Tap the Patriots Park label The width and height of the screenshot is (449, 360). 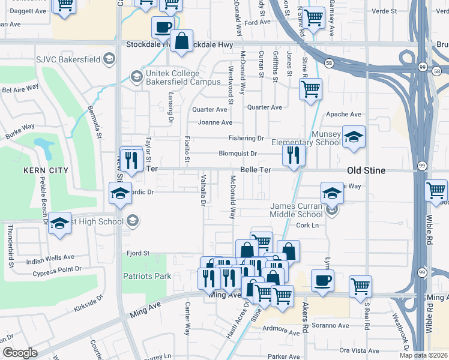pyautogui.click(x=147, y=276)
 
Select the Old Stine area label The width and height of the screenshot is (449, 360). pyautogui.click(x=366, y=171)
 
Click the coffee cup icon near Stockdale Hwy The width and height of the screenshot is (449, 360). pyautogui.click(x=163, y=27)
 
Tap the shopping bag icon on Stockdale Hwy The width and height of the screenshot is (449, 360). pyautogui.click(x=182, y=42)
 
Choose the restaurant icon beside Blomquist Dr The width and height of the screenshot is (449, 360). pyautogui.click(x=294, y=155)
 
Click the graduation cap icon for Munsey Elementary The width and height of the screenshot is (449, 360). pyautogui.click(x=354, y=138)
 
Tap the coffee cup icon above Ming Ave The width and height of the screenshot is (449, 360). pyautogui.click(x=322, y=280)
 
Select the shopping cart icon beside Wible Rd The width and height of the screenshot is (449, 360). pyautogui.click(x=436, y=191)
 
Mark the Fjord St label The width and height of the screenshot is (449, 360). pyautogui.click(x=138, y=253)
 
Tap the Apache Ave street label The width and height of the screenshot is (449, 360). pyautogui.click(x=343, y=115)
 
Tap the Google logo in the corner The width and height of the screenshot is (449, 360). pyautogui.click(x=19, y=353)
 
